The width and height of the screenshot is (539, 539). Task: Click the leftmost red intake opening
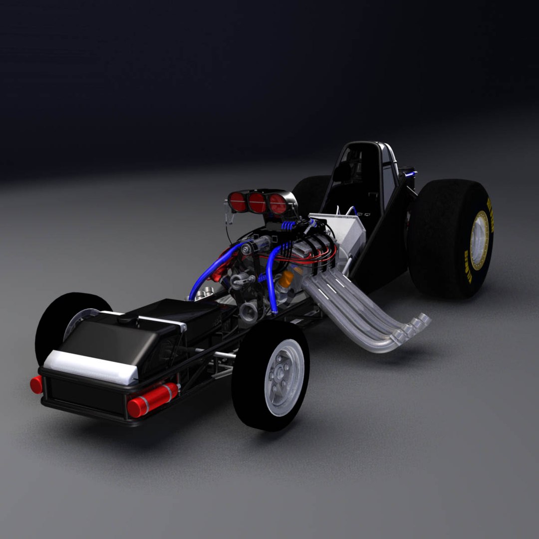click(238, 202)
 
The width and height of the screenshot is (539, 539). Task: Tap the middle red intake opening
click(257, 203)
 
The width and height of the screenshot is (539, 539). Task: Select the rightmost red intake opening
click(277, 204)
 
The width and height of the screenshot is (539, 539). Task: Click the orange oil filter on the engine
click(286, 279)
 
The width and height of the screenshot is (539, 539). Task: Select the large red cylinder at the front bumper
click(152, 399)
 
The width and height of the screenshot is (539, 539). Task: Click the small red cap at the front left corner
click(36, 384)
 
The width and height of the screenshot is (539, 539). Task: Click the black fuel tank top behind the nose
click(150, 314)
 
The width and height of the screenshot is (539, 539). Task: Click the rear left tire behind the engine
click(309, 195)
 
